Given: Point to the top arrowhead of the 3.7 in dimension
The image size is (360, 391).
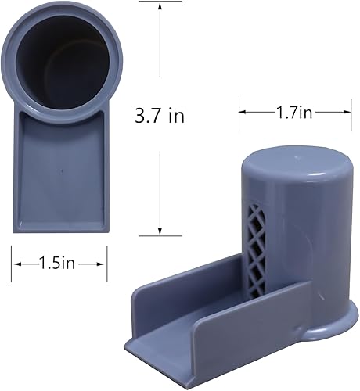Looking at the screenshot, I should pos(160,6).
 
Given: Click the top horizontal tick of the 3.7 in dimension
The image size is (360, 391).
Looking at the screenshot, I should pos(160,2).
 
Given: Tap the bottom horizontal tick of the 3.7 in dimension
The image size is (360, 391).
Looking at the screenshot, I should pos(160,235).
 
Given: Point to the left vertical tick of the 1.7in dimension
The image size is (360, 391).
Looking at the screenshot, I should pos(239,113).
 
